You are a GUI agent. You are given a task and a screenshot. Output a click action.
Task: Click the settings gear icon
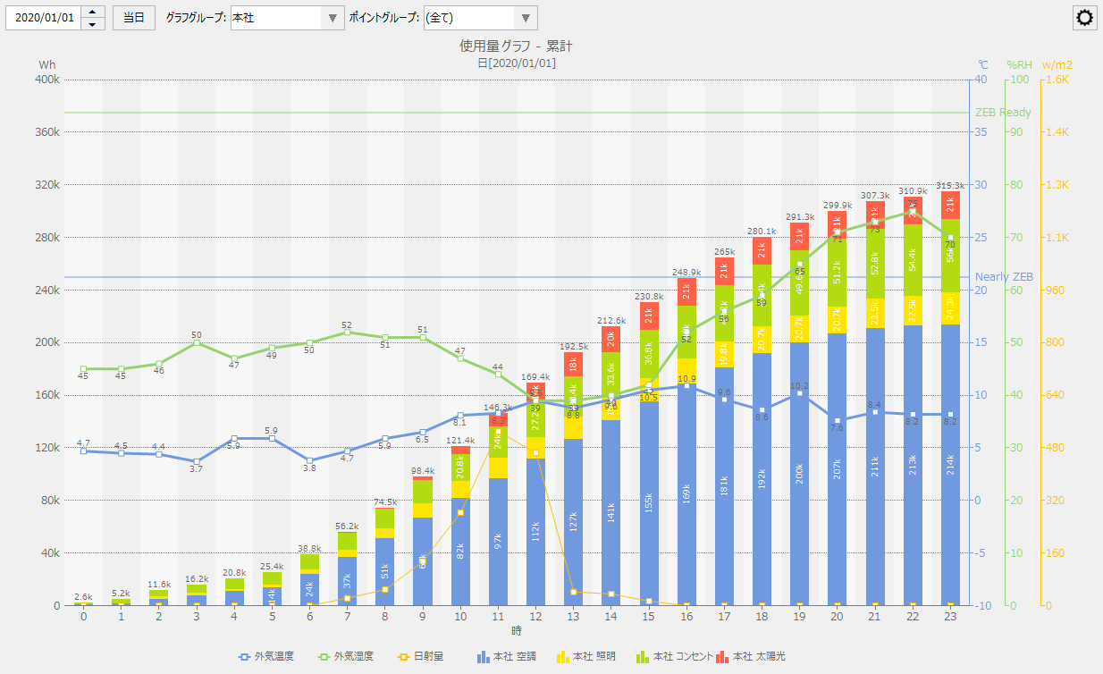1085,18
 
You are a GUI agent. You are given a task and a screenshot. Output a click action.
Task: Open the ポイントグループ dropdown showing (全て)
480,18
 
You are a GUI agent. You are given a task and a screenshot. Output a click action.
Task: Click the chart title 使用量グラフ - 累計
517,46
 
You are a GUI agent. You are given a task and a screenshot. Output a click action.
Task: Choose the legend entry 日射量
419,657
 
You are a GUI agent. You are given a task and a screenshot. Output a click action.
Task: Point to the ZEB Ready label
1003,113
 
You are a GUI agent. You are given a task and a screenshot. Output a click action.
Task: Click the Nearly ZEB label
1004,277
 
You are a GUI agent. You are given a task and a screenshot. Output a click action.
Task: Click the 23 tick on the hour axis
950,617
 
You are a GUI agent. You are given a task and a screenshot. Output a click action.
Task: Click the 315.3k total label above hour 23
950,186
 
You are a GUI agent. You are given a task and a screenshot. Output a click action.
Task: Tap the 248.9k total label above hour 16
686,272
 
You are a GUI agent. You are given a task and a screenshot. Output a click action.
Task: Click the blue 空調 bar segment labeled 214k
950,465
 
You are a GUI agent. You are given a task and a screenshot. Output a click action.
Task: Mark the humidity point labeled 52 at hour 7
348,333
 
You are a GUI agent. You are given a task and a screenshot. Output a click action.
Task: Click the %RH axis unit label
1019,64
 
